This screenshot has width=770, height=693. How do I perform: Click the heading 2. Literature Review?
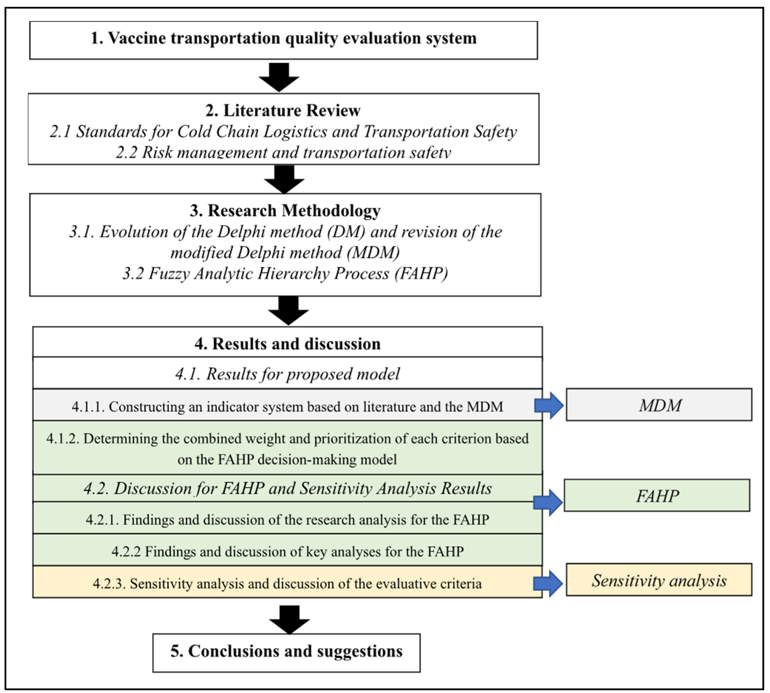[x=283, y=110]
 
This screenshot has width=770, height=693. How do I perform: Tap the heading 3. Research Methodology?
[x=285, y=211]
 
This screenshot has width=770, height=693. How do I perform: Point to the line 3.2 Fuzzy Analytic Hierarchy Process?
[x=285, y=273]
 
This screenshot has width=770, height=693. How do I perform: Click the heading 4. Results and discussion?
[x=287, y=343]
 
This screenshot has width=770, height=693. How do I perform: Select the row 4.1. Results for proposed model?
[x=287, y=374]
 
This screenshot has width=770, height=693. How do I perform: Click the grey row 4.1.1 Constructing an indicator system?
[x=287, y=406]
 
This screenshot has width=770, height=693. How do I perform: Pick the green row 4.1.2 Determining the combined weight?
[x=287, y=449]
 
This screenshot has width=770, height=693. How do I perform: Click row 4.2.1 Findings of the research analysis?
[x=287, y=519]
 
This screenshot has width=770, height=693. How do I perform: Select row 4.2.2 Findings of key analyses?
[x=287, y=551]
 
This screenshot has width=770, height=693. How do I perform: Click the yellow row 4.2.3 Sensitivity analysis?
[x=287, y=583]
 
